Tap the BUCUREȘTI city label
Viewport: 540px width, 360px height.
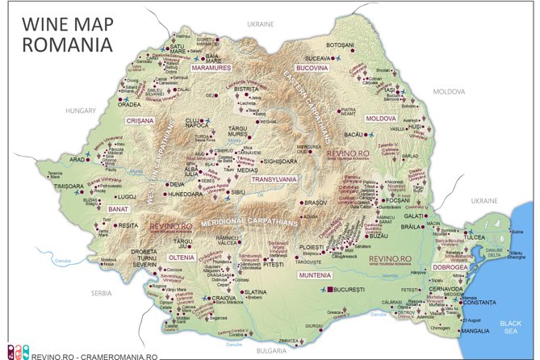coord(354,288)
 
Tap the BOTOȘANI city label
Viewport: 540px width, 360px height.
coord(340,44)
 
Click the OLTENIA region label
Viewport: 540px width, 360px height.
coord(181,257)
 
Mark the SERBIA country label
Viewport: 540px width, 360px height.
coord(101,292)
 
